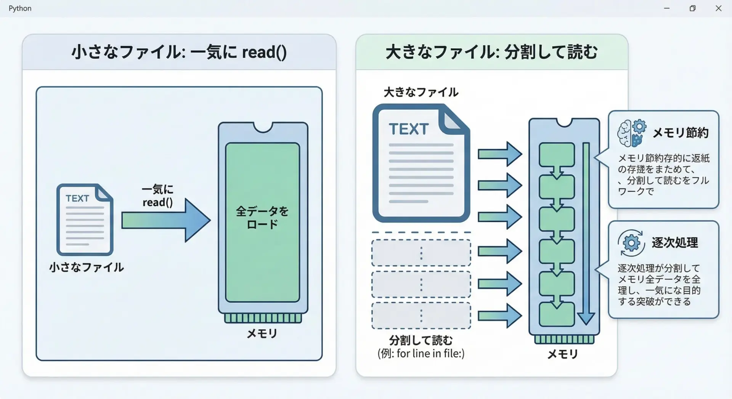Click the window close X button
coord(718,8)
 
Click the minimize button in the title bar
coord(667,8)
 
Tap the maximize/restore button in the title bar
coord(692,8)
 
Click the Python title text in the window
coord(20,8)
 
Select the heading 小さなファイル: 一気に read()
coord(179,52)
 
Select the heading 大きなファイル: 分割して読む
coord(491,52)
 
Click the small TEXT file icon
coord(85,220)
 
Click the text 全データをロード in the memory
coord(262,218)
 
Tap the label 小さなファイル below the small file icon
coord(87,267)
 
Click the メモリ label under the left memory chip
coord(262,334)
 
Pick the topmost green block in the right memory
coord(557,154)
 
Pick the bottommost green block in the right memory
coord(557,315)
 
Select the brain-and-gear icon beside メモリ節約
coord(632,133)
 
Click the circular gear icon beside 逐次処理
coord(631,243)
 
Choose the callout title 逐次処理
coord(675,243)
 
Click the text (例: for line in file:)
coord(421,354)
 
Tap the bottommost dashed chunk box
coord(421,316)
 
